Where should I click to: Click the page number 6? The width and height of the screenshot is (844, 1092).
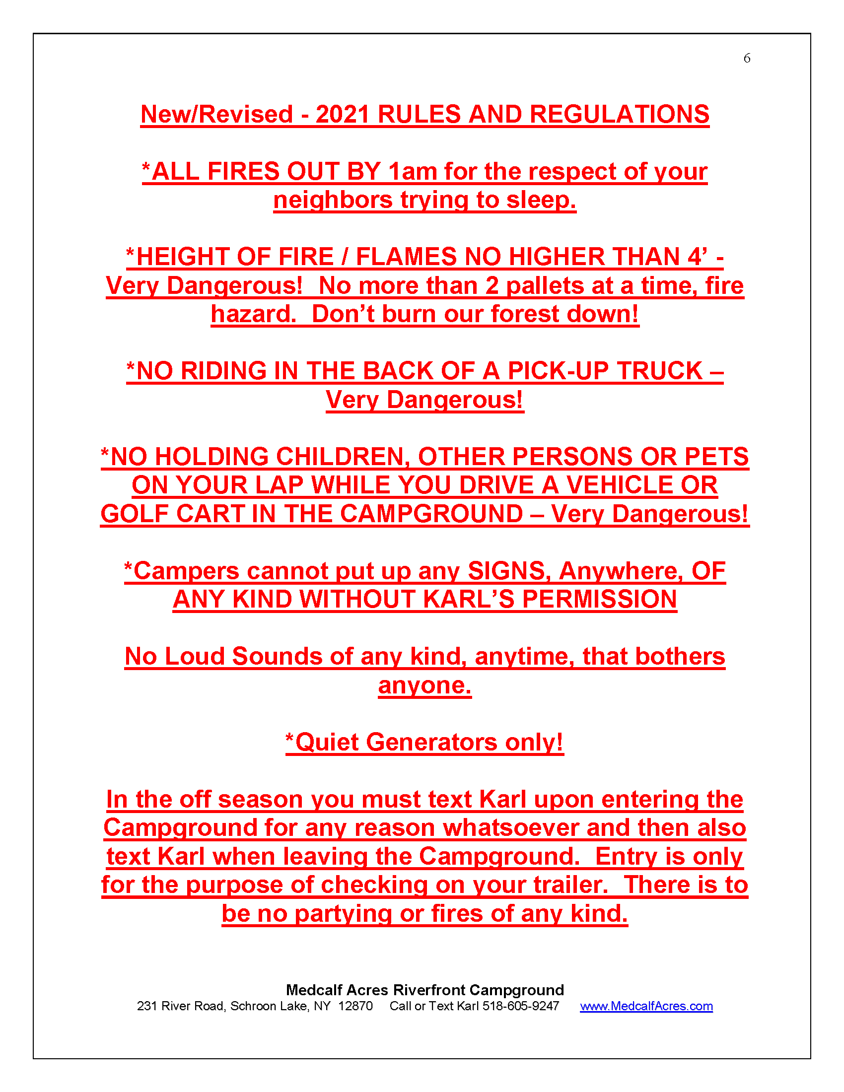click(x=747, y=59)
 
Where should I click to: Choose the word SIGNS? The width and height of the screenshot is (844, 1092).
click(x=506, y=571)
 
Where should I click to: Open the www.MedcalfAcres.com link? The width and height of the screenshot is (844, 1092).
click(x=646, y=1006)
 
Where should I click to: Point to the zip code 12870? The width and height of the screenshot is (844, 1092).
click(x=355, y=1006)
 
